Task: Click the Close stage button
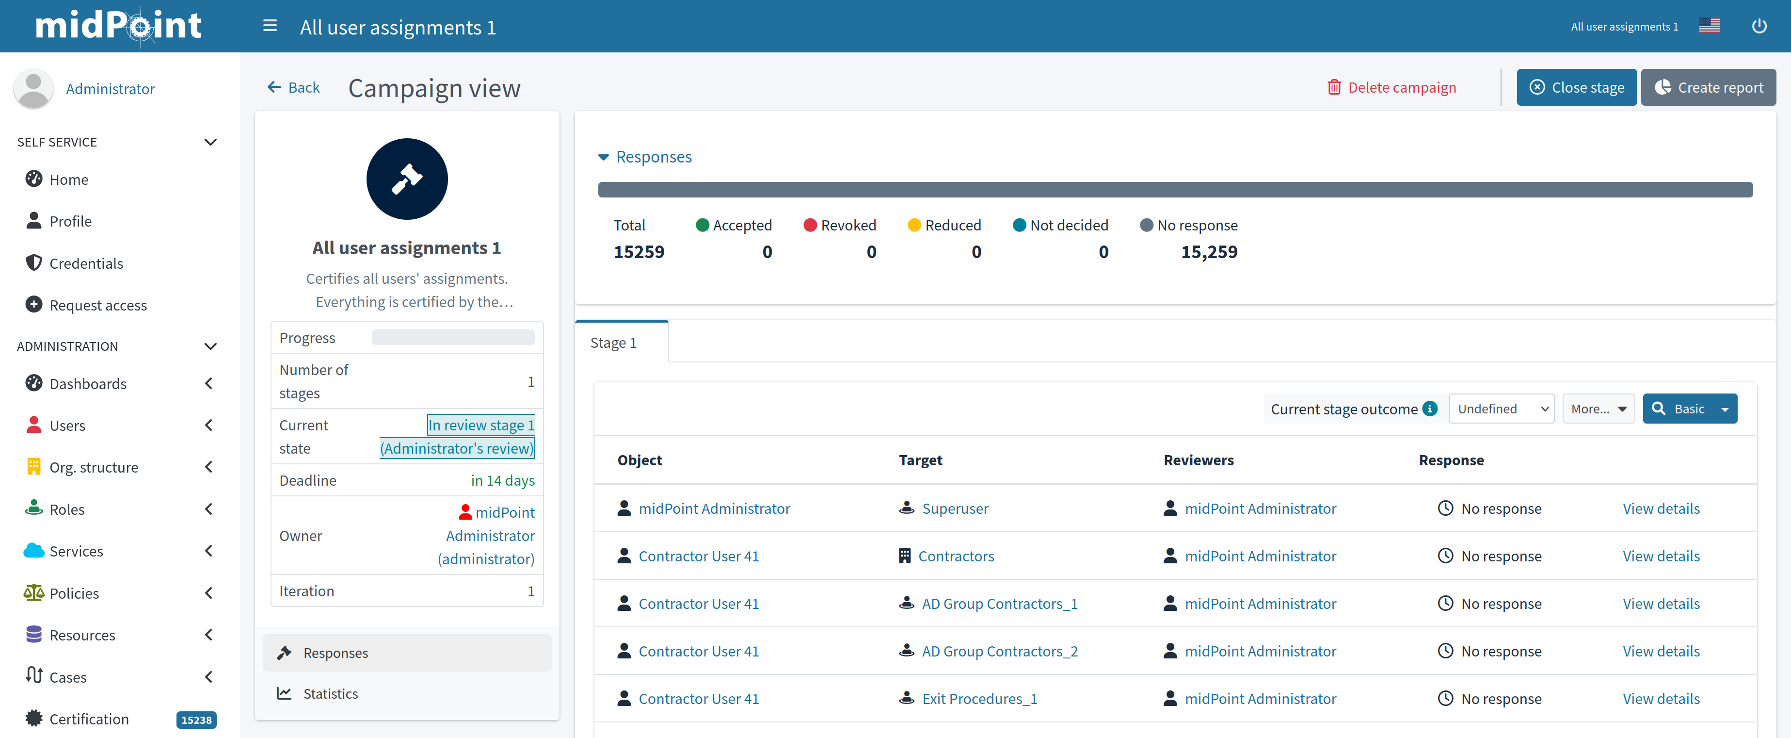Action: tap(1576, 88)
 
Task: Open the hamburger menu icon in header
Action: tap(270, 26)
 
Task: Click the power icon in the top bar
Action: tap(1759, 26)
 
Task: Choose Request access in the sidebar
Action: tap(98, 305)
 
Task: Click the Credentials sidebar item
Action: tap(86, 263)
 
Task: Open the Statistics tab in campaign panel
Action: tap(330, 693)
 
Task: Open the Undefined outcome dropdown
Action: tap(1501, 409)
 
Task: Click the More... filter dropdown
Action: tap(1598, 409)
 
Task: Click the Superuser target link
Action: tap(955, 508)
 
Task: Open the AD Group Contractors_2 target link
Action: tap(999, 651)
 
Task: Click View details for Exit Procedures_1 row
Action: tap(1660, 698)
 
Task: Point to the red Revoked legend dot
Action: tap(809, 225)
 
